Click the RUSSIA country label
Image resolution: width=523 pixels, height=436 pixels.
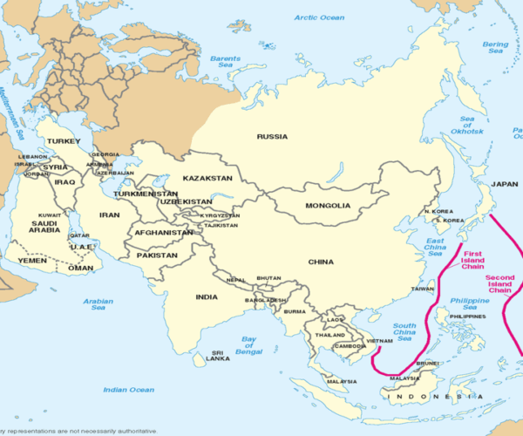[x=273, y=136]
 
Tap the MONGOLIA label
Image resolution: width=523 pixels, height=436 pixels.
[x=328, y=206]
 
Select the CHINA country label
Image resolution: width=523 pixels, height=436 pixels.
[x=321, y=262]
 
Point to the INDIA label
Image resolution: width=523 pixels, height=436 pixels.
[x=207, y=296]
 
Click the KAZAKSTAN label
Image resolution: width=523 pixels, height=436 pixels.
[x=207, y=178]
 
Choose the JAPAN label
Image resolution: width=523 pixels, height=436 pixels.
[x=504, y=184]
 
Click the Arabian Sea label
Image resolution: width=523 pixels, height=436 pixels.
[x=98, y=304]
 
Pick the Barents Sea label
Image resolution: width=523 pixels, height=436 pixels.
[x=226, y=62]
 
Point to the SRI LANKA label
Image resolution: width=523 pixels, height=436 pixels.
[x=216, y=357]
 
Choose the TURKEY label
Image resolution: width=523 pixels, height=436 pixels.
[x=64, y=140]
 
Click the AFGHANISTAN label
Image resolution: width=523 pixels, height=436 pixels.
[x=163, y=233]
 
